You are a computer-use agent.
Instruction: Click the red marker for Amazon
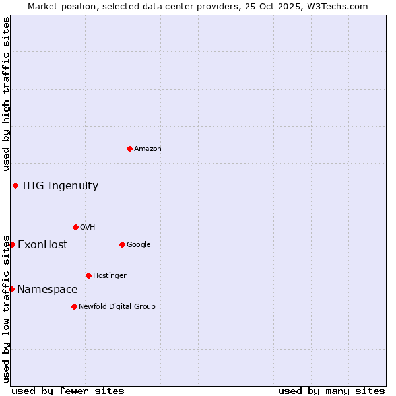[129, 148]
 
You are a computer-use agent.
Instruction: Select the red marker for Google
[122, 244]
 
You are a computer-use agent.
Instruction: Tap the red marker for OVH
[75, 227]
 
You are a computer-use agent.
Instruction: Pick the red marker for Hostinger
[88, 275]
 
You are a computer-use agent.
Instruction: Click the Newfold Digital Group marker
[74, 306]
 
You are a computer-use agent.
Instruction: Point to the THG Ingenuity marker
[15, 185]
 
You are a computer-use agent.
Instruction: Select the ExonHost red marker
[12, 244]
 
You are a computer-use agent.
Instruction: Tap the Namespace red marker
[11, 289]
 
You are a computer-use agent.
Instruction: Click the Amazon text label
[148, 149]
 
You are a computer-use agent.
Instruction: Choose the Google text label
[139, 245]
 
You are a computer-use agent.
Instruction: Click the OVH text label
[88, 228]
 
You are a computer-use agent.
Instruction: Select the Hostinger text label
[110, 276]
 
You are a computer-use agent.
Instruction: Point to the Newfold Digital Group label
[117, 307]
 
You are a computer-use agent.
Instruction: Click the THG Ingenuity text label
[59, 186]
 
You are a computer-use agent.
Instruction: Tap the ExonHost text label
[42, 245]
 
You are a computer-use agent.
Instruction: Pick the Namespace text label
[47, 290]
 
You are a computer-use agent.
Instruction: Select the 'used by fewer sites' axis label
[68, 391]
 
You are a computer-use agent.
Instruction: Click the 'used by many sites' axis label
[331, 391]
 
